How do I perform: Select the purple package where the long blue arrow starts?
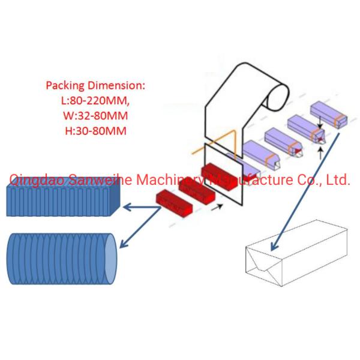tap(328, 113)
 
